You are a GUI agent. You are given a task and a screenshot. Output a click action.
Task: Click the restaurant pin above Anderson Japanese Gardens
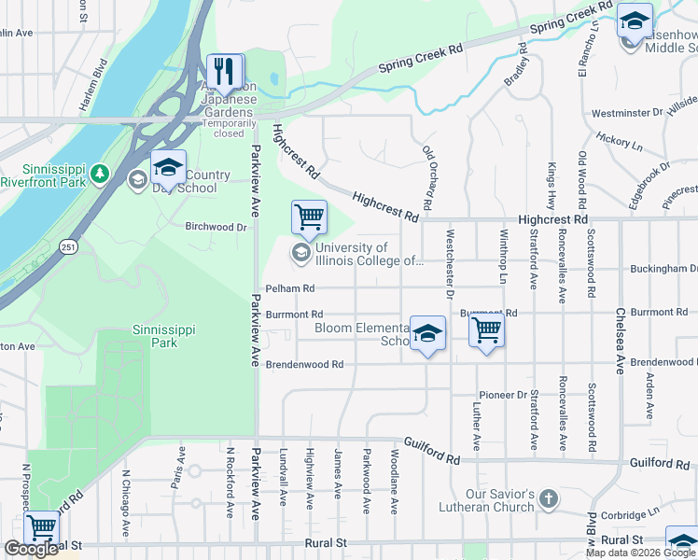click(x=225, y=71)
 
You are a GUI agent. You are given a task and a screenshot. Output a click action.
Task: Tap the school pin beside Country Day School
click(x=169, y=168)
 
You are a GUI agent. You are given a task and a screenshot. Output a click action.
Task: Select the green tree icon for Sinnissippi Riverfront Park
click(x=100, y=174)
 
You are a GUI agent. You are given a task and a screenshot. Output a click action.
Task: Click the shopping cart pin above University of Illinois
click(x=309, y=217)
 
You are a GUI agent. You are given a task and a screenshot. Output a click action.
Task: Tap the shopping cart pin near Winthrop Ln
click(x=486, y=329)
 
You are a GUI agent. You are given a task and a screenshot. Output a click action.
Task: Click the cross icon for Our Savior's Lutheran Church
click(x=548, y=499)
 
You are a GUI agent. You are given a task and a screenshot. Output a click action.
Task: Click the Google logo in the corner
click(x=31, y=549)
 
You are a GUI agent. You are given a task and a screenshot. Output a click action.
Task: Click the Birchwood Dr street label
click(x=216, y=226)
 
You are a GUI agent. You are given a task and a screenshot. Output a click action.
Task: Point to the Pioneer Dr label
click(x=503, y=395)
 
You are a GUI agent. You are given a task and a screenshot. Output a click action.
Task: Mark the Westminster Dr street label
click(x=627, y=113)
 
